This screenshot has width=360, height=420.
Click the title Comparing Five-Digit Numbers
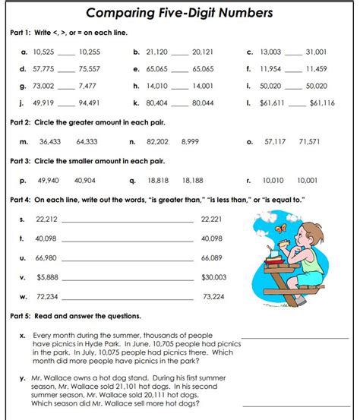(179, 13)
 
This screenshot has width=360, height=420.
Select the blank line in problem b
(179, 54)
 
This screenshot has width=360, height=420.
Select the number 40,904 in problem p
(84, 181)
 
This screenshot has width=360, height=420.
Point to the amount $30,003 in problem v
(213, 277)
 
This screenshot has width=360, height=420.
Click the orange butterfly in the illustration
(283, 227)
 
